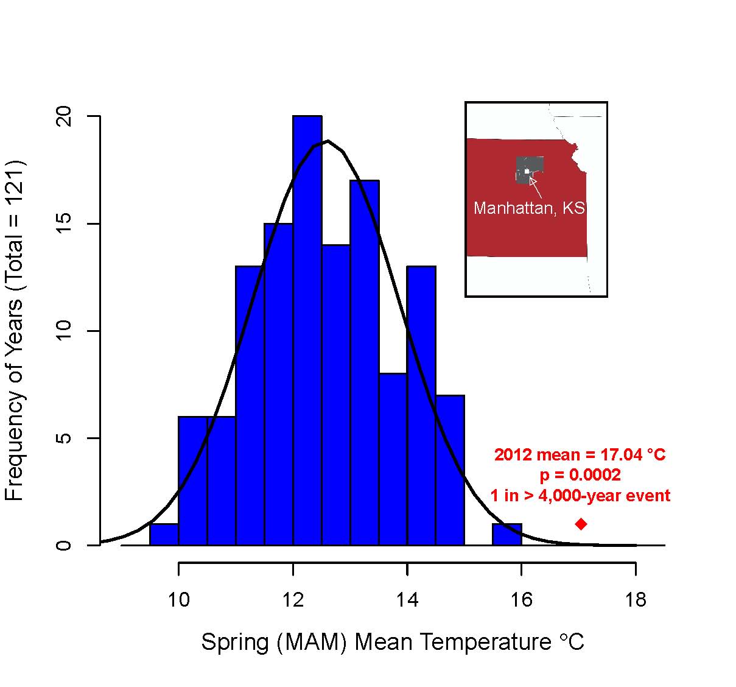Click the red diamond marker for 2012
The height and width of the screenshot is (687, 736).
pos(581,524)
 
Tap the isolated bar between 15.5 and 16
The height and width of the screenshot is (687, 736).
pos(507,534)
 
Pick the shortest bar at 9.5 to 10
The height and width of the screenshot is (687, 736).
pos(164,534)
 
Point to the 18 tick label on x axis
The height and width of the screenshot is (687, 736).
pos(636,601)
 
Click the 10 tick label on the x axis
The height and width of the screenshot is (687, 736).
pos(178,601)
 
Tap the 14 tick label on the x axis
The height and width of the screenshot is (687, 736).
pos(407,601)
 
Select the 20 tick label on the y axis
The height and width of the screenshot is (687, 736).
pos(64,116)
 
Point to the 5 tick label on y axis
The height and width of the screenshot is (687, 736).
pos(64,438)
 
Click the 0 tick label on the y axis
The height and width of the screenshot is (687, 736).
pos(64,545)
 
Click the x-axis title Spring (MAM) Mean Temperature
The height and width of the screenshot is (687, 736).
pos(393,642)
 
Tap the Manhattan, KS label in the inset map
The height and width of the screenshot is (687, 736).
pos(529,208)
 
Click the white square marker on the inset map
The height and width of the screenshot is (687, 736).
pos(527,172)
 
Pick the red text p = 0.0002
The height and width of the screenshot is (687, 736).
pos(580,475)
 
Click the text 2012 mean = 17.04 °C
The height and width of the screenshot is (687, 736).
pos(580,455)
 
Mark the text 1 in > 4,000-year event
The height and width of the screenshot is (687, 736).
pos(580,496)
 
